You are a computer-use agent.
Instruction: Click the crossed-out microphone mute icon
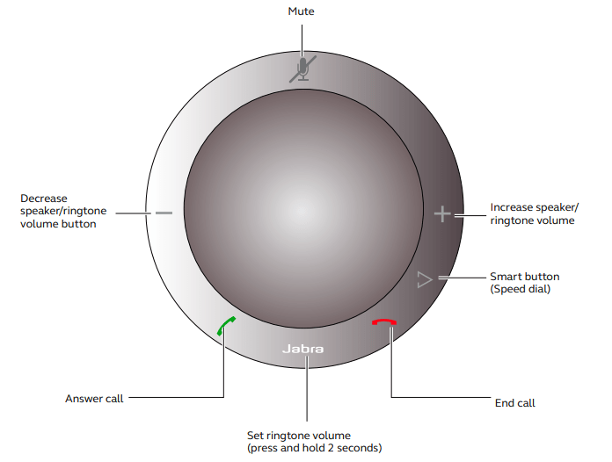[302, 69]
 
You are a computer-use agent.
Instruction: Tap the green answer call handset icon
[226, 326]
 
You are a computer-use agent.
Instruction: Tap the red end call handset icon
[384, 322]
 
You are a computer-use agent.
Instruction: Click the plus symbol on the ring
[442, 214]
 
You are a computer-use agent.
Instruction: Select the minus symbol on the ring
[164, 213]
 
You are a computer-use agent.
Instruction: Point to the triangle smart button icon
[425, 279]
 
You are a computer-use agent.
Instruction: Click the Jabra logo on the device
[302, 349]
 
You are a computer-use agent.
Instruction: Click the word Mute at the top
[301, 11]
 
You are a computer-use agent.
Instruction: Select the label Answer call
[94, 399]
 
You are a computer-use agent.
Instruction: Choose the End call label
[514, 403]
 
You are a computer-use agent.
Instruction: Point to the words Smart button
[525, 277]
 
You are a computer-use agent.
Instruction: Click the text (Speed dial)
[521, 289]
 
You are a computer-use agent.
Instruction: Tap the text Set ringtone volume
[299, 435]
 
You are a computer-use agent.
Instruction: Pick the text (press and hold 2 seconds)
[314, 448]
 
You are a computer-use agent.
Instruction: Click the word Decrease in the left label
[44, 198]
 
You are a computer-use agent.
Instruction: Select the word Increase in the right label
[512, 207]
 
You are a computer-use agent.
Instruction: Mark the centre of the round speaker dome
[303, 208]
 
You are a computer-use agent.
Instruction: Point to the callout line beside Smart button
[462, 278]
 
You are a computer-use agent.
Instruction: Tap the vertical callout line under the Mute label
[302, 41]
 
